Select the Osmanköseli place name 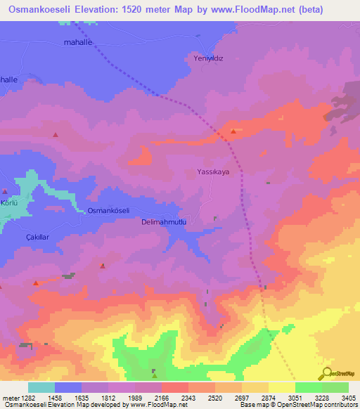coord(108,211)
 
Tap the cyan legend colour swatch coord(41,387)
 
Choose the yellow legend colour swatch coord(282,387)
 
